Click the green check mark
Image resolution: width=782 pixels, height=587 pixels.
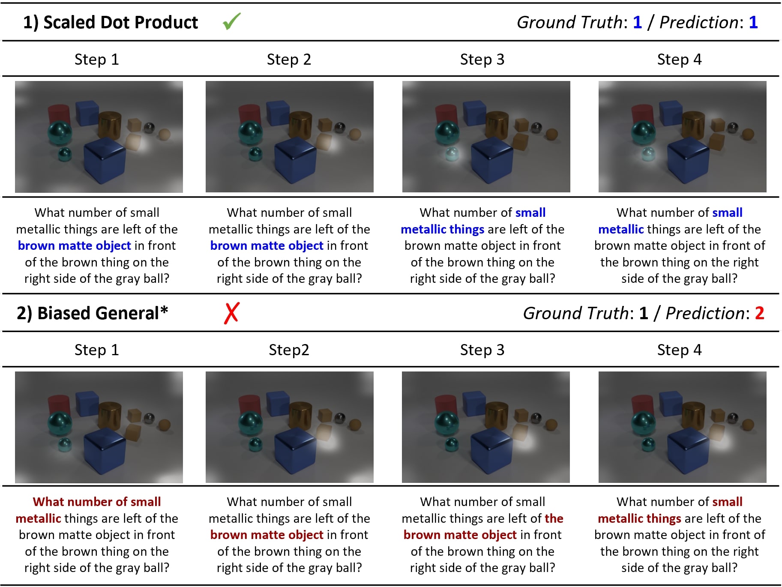click(232, 21)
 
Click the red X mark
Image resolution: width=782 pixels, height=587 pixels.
click(231, 313)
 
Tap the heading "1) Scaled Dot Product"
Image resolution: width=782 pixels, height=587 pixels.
click(111, 22)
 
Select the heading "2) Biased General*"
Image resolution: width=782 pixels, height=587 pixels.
click(92, 313)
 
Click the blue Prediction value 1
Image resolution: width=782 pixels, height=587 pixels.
click(753, 22)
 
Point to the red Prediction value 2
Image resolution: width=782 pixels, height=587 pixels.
click(759, 313)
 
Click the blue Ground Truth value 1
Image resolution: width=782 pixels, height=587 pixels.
click(637, 22)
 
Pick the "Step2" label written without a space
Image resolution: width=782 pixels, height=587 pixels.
click(289, 350)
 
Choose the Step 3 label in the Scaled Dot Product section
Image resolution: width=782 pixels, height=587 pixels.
click(482, 59)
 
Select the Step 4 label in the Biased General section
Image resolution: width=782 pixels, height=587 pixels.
click(679, 350)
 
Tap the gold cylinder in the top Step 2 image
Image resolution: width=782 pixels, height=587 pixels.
click(300, 124)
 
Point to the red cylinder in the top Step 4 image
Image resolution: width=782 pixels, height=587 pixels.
click(643, 115)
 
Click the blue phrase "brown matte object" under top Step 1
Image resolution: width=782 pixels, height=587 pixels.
click(74, 246)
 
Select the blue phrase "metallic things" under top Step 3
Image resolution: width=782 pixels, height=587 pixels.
click(443, 229)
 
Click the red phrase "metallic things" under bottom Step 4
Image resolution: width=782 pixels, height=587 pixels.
click(639, 518)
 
